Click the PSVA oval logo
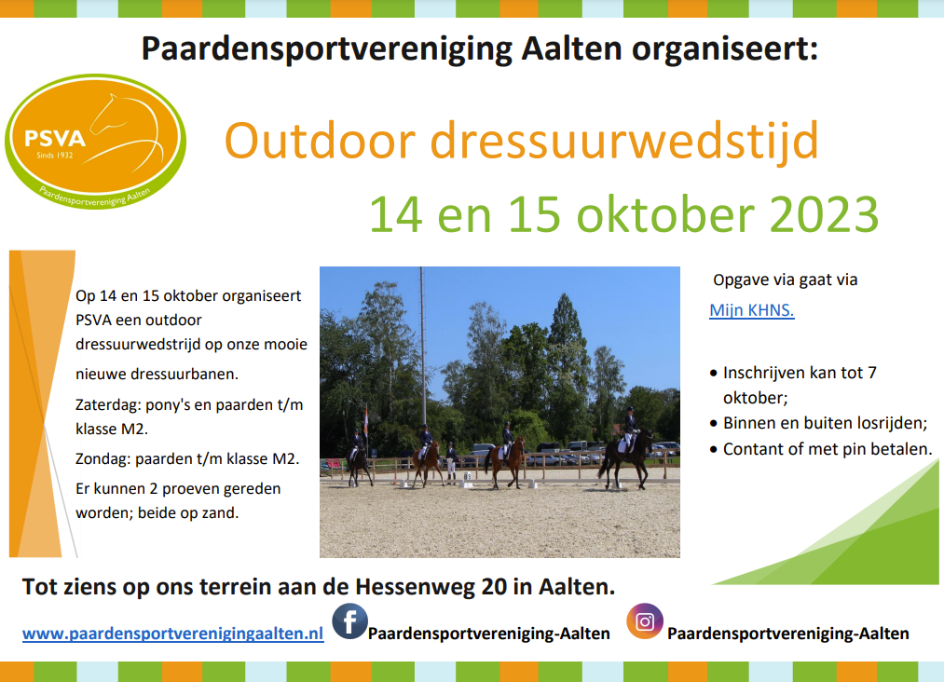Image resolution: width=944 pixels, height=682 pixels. coord(96,142)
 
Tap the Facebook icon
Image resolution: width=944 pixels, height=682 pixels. coord(349,621)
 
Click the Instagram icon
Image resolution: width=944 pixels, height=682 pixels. coord(645,621)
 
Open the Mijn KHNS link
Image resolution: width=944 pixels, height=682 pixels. coord(752,310)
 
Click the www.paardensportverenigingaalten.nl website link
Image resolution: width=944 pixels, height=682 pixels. coord(172,634)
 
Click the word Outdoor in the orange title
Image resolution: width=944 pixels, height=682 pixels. coord(320,141)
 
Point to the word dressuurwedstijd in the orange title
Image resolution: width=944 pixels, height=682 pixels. coord(624,142)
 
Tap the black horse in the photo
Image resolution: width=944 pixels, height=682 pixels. coord(626,457)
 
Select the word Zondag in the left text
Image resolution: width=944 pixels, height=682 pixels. coord(103,459)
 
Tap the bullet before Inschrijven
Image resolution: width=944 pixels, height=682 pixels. coord(714,374)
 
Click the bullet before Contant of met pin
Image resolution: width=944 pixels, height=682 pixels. coord(714,450)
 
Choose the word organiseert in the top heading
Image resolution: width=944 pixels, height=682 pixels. coord(725,49)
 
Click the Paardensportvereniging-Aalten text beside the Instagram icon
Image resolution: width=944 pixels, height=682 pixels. coord(788,634)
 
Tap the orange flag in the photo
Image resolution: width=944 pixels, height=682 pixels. coord(365,419)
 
